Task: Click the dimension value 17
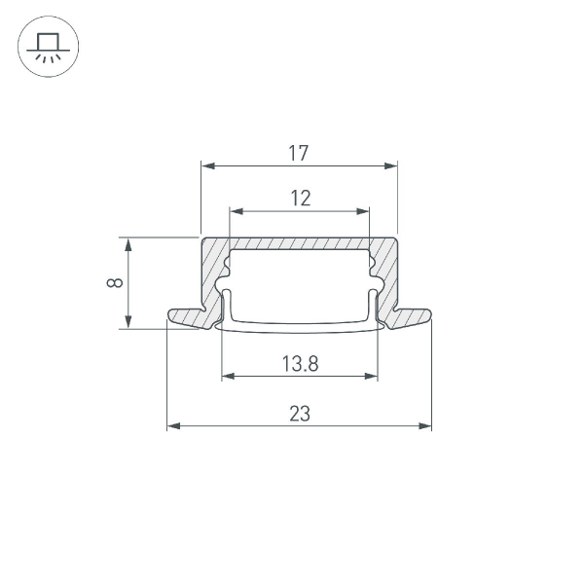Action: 299,153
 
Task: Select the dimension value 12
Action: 300,199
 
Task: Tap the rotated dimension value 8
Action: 115,283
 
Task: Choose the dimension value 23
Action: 300,413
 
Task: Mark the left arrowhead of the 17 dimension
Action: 207,165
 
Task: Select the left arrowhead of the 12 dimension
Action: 236,210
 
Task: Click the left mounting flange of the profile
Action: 185,317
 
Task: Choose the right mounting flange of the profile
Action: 412,317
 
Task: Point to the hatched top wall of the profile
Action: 300,242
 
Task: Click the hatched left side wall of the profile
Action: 211,277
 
